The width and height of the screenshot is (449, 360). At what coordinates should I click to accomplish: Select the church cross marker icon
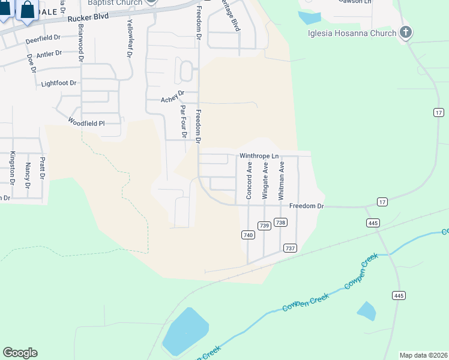(x=406, y=32)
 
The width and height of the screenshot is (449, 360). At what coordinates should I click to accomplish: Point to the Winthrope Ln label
(x=260, y=155)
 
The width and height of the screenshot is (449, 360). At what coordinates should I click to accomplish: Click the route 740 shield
(x=248, y=235)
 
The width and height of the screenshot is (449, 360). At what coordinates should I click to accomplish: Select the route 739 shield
(x=264, y=225)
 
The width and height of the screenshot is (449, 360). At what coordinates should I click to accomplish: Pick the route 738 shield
(x=280, y=223)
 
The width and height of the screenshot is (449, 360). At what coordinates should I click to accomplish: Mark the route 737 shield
(x=291, y=248)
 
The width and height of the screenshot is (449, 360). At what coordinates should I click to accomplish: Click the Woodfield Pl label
(x=86, y=123)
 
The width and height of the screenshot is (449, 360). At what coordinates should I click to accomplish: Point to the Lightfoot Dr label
(x=59, y=83)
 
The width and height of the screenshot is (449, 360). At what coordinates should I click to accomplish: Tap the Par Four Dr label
(x=184, y=121)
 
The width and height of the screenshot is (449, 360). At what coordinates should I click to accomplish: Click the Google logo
(x=20, y=353)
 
